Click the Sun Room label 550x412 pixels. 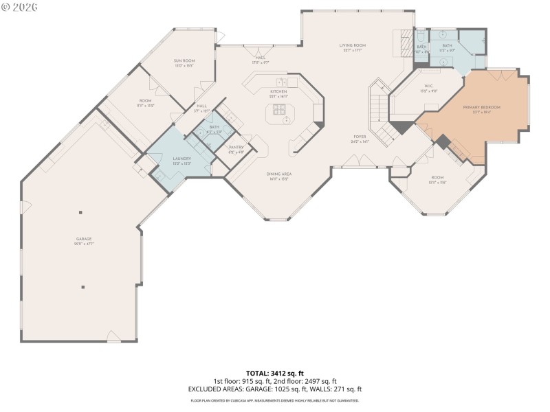click(x=184, y=61)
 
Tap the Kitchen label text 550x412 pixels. click(x=278, y=91)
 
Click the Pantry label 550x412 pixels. click(x=236, y=148)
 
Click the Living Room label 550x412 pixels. click(x=352, y=45)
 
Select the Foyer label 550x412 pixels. click(x=359, y=137)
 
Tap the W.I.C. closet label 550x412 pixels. click(x=428, y=86)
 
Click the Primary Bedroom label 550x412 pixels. click(x=481, y=108)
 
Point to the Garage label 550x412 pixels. click(x=84, y=240)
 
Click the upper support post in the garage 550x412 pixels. click(x=80, y=211)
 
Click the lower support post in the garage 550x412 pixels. click(x=82, y=287)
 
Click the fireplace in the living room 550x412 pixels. click(x=406, y=45)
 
